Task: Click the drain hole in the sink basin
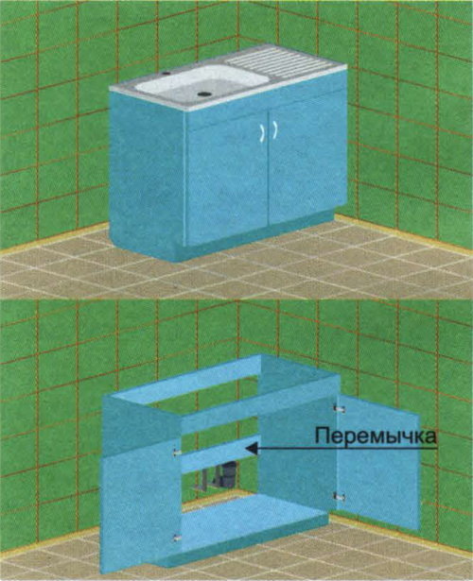tap(203, 94)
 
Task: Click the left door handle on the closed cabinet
tap(262, 132)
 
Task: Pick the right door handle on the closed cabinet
tap(275, 129)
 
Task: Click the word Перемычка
tap(376, 436)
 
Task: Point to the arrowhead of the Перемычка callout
tap(251, 450)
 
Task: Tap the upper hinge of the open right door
tap(340, 409)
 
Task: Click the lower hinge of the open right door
tap(339, 497)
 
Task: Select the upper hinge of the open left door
tap(177, 452)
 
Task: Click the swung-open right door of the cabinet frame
tap(378, 461)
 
